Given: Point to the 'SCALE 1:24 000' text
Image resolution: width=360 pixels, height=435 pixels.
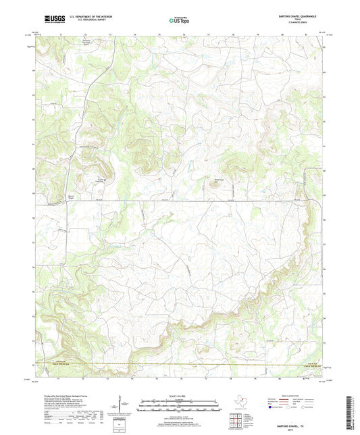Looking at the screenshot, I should (179, 396).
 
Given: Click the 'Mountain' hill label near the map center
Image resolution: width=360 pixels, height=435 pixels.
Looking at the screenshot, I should (218, 179).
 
